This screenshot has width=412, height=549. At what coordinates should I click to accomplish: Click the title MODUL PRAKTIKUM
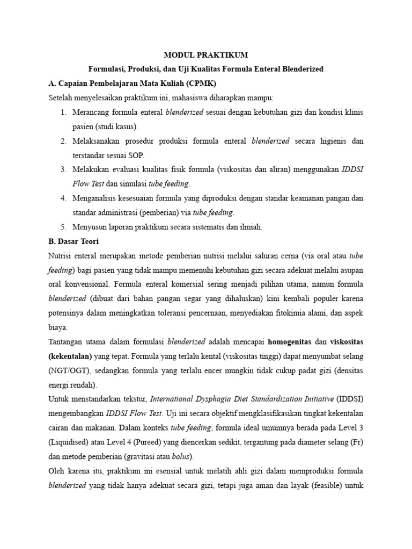tap(206, 55)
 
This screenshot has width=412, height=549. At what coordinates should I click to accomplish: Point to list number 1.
tap(63, 112)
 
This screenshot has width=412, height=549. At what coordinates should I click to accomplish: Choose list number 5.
tap(63, 227)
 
